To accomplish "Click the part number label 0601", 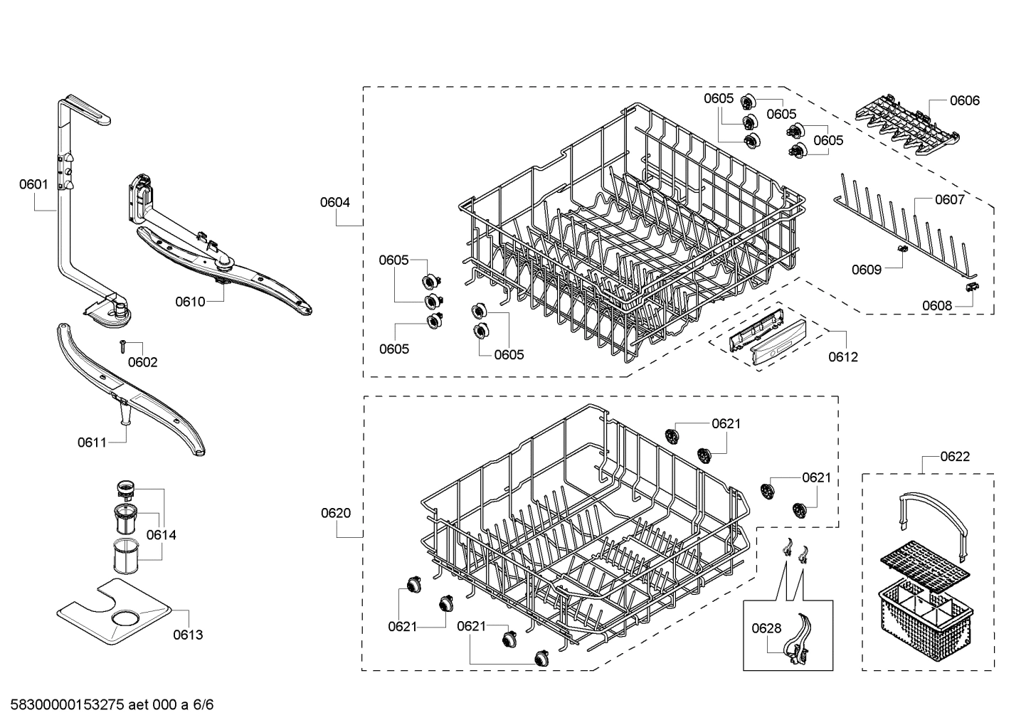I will [33, 184].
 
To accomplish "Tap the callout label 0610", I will [190, 302].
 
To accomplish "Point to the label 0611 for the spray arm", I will [92, 443].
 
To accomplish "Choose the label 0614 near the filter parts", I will [162, 535].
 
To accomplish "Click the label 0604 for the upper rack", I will [334, 202].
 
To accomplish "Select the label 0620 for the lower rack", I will [335, 513].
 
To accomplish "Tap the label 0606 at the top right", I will [964, 100].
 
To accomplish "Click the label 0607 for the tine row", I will [949, 199].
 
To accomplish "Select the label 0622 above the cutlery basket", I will [954, 456].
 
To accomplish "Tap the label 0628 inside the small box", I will [766, 628].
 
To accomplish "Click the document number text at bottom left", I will [107, 705].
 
